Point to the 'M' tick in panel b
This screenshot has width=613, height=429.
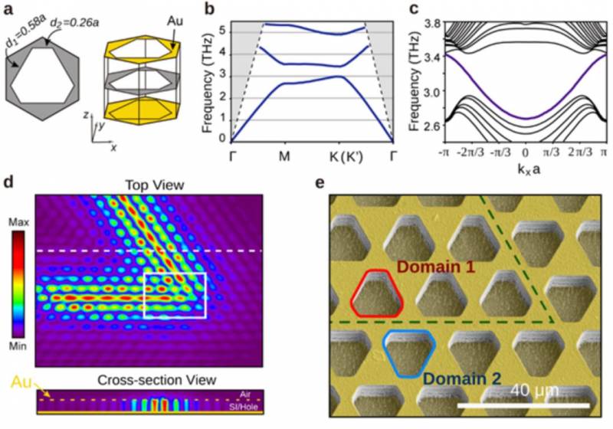(x=284, y=156)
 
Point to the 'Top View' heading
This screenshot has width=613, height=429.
(x=149, y=185)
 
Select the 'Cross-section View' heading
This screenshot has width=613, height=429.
(x=149, y=381)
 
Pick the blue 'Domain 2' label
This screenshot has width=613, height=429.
(x=465, y=378)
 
